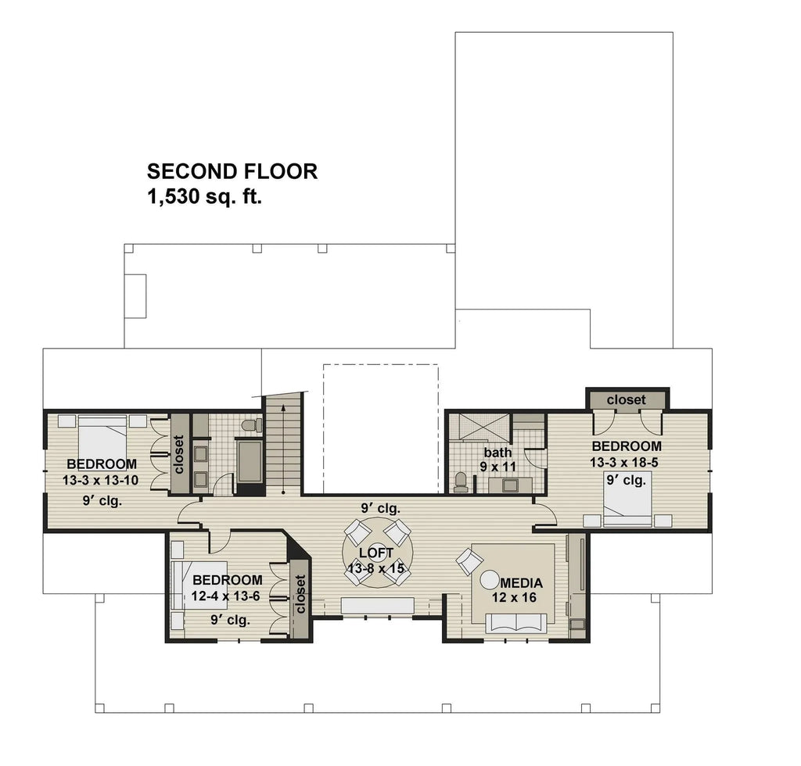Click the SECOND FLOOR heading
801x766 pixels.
click(x=232, y=171)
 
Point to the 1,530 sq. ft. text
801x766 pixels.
click(x=204, y=197)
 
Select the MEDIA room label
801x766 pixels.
click(x=521, y=583)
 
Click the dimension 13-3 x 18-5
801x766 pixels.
click(x=624, y=462)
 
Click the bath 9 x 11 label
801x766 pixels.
click(x=497, y=460)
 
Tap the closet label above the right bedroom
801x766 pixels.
click(x=627, y=399)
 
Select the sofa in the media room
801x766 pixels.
click(x=515, y=623)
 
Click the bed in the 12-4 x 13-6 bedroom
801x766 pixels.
click(x=199, y=582)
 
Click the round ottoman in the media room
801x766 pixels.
click(x=490, y=581)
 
